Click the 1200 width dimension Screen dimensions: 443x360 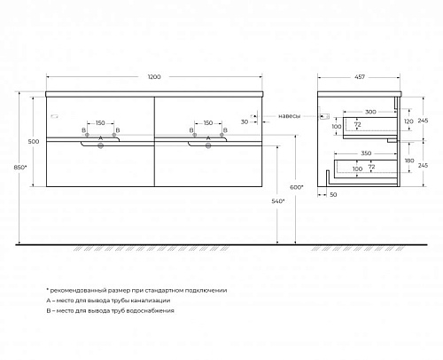coord(154,77)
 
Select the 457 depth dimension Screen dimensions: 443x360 coord(360,77)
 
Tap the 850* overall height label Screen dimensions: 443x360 coord(20,168)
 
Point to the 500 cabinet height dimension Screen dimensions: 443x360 coord(34,142)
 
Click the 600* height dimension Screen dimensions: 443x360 coord(297,187)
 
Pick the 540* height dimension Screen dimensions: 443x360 coord(278,201)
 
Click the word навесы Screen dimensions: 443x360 coord(290,116)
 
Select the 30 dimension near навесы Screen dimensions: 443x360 coord(245,121)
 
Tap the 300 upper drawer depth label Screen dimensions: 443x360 coord(370,112)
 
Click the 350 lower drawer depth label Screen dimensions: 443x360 coord(366,153)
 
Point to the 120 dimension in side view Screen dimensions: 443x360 coord(408,121)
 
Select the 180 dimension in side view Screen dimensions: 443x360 coord(409,160)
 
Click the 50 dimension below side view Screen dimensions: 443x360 coord(333,195)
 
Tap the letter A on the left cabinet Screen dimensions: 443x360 coord(100,138)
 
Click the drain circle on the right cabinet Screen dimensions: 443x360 coord(208,145)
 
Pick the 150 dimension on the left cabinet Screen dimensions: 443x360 coord(100,123)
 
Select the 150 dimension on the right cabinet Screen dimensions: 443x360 coord(208,123)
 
